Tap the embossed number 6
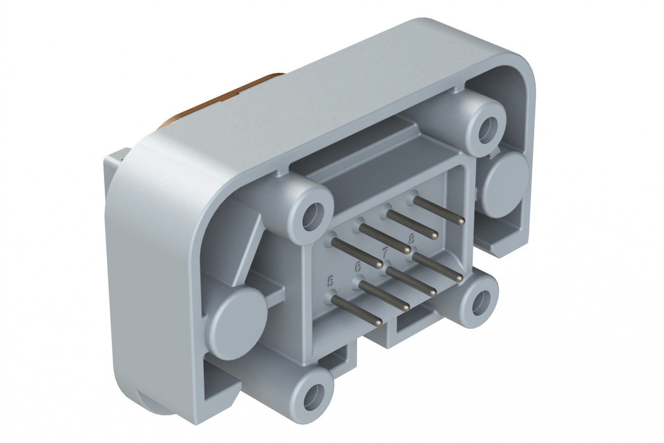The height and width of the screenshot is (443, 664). coord(358,266)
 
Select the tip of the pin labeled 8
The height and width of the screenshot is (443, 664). coord(460,278)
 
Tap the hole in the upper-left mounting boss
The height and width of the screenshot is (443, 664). coord(314,213)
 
